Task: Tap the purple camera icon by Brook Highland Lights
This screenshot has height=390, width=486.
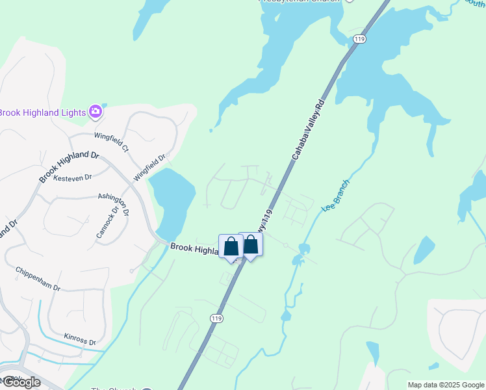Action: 96,112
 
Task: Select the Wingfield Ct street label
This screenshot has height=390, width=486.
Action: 111,142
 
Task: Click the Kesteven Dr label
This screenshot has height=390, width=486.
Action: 73,177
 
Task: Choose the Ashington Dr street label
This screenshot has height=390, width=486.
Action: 114,203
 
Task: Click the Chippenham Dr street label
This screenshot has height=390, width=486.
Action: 38,278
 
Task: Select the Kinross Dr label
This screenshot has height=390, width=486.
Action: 80,338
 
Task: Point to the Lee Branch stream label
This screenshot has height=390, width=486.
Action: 336,196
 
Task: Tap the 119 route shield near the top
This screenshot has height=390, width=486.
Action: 359,40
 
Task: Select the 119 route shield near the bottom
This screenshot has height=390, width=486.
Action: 216,318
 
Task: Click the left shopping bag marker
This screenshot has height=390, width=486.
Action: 231,246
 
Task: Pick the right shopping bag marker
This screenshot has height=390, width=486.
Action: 250,244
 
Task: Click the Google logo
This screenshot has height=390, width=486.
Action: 21,382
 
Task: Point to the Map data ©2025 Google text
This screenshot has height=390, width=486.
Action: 446,385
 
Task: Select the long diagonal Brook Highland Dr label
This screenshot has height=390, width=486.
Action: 68,166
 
